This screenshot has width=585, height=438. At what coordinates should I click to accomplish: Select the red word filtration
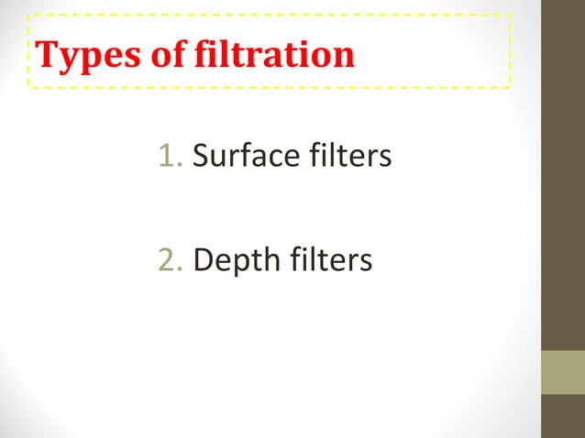[x=273, y=56]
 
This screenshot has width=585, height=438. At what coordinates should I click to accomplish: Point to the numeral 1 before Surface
[x=166, y=157]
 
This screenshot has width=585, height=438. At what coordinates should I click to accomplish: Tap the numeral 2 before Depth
[x=166, y=260]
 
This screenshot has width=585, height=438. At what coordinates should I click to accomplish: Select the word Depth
[x=233, y=261]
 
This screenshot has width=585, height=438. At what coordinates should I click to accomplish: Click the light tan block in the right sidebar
[x=563, y=372]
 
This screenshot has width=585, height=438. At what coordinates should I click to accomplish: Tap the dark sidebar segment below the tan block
[x=563, y=416]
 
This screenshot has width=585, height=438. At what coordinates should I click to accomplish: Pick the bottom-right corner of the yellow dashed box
[x=510, y=88]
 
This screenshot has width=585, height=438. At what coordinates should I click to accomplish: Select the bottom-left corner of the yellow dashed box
[x=28, y=88]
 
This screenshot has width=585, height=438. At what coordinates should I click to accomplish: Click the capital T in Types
[x=46, y=56]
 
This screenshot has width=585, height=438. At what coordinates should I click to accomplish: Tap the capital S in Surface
[x=202, y=157]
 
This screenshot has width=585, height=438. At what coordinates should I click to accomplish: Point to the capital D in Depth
[x=204, y=260]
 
